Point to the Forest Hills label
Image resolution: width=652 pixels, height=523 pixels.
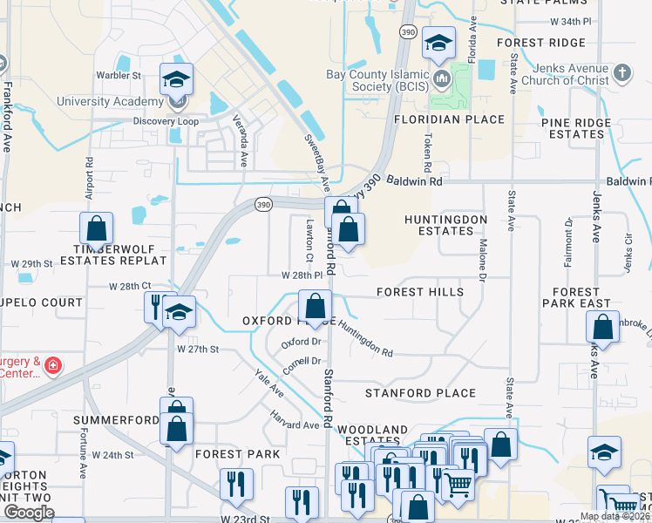(x=420, y=292)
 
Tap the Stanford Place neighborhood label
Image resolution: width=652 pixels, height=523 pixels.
(x=420, y=393)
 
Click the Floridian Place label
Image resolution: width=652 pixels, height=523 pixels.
(x=449, y=119)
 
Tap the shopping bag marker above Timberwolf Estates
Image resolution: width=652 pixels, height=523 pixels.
(x=96, y=229)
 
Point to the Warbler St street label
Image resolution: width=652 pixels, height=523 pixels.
(x=119, y=76)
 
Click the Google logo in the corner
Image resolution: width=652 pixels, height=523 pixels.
(x=29, y=513)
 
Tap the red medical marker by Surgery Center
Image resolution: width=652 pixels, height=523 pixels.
(x=53, y=364)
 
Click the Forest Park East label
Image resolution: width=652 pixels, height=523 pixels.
(x=575, y=298)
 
